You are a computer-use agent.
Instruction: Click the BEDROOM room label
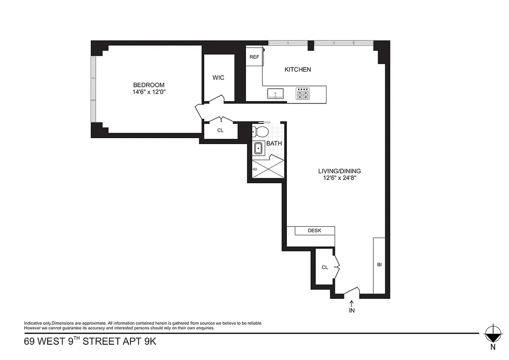[148, 85]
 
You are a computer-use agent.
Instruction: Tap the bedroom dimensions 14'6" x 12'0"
[148, 92]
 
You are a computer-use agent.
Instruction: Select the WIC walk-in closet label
[218, 77]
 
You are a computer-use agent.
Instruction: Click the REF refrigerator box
[254, 57]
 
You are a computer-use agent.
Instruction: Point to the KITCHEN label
[298, 69]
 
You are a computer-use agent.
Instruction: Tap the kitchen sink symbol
[275, 94]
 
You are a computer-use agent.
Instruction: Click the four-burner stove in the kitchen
[303, 94]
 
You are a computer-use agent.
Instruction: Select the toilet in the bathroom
[260, 131]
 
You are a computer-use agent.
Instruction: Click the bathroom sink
[259, 148]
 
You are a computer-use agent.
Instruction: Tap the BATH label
[274, 144]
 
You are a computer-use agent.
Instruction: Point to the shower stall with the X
[268, 169]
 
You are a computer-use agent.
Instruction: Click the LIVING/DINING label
[339, 171]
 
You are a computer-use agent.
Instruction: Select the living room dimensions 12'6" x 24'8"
[339, 178]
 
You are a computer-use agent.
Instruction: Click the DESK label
[314, 230]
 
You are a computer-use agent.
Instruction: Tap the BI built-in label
[379, 265]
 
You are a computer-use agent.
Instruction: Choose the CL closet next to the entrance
[325, 267]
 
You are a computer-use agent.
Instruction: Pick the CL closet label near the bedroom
[220, 130]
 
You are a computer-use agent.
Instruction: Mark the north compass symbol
[493, 335]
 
